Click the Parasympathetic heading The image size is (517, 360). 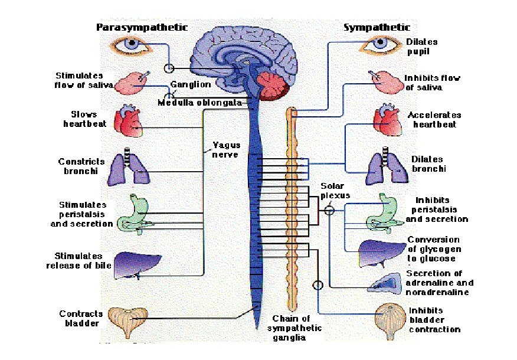142,27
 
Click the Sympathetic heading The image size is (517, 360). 377,27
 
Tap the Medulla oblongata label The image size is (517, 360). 199,103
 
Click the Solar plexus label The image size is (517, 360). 335,190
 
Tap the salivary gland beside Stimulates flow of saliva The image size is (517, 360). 130,83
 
